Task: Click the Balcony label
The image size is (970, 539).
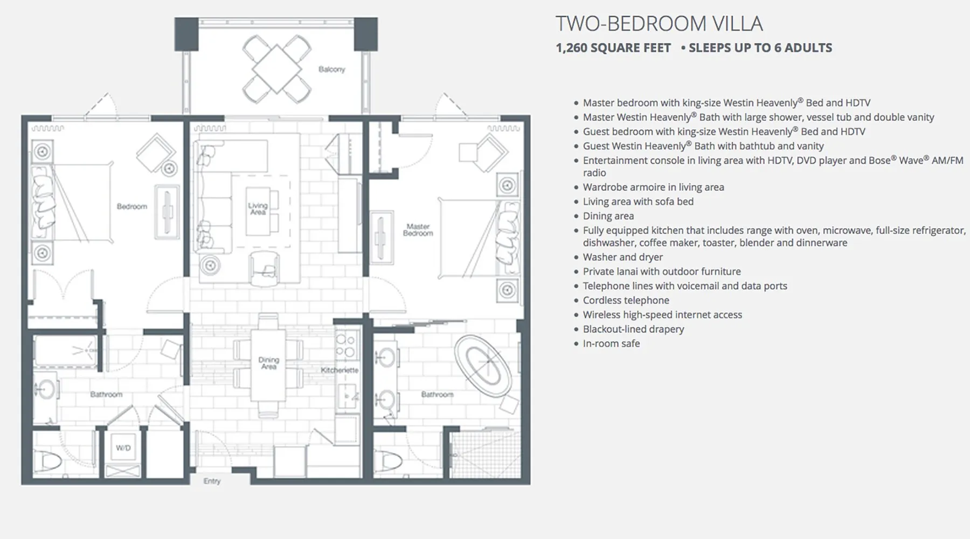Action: [x=331, y=70]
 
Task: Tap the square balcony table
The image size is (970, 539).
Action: [x=276, y=69]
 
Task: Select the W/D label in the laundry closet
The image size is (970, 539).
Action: [x=123, y=448]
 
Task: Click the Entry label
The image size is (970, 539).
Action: [x=212, y=481]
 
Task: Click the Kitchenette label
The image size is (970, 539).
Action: [x=339, y=370]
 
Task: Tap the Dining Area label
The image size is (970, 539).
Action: [x=268, y=363]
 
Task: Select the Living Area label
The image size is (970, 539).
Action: [x=258, y=209]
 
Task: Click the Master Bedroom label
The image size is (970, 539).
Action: [x=418, y=230]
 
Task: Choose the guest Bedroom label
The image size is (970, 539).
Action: [x=132, y=206]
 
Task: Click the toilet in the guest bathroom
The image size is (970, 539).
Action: [x=46, y=462]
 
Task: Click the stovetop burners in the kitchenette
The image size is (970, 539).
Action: [x=345, y=345]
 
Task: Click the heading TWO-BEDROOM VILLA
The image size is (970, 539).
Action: [x=659, y=24]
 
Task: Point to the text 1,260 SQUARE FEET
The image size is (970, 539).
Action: [x=613, y=48]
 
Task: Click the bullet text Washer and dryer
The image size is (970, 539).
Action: [x=622, y=257]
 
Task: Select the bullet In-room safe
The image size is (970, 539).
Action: [x=611, y=343]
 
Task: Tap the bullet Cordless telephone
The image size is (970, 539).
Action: [x=626, y=300]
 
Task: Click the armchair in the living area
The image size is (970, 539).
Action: [x=264, y=268]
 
